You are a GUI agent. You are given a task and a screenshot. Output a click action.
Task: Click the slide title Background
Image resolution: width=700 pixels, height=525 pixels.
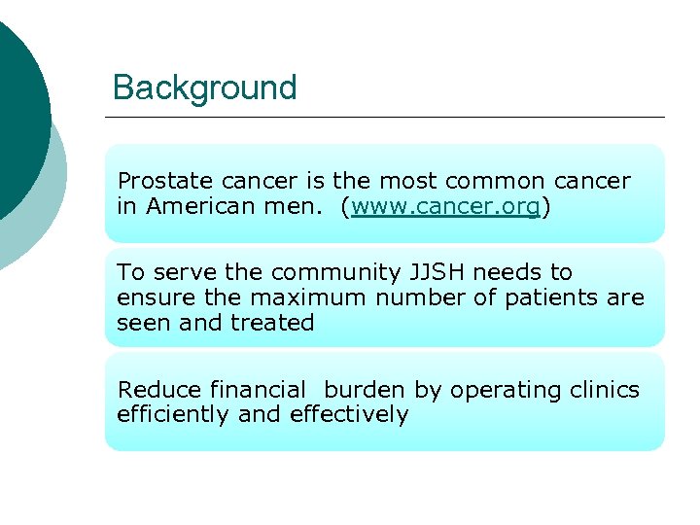click(x=204, y=87)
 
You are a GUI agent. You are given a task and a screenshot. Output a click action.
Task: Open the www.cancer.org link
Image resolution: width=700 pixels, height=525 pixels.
click(x=445, y=207)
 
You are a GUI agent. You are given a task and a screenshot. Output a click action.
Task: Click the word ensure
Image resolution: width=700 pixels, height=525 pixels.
click(x=149, y=297)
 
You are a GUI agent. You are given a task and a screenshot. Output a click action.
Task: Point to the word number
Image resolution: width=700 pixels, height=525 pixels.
click(x=409, y=297)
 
